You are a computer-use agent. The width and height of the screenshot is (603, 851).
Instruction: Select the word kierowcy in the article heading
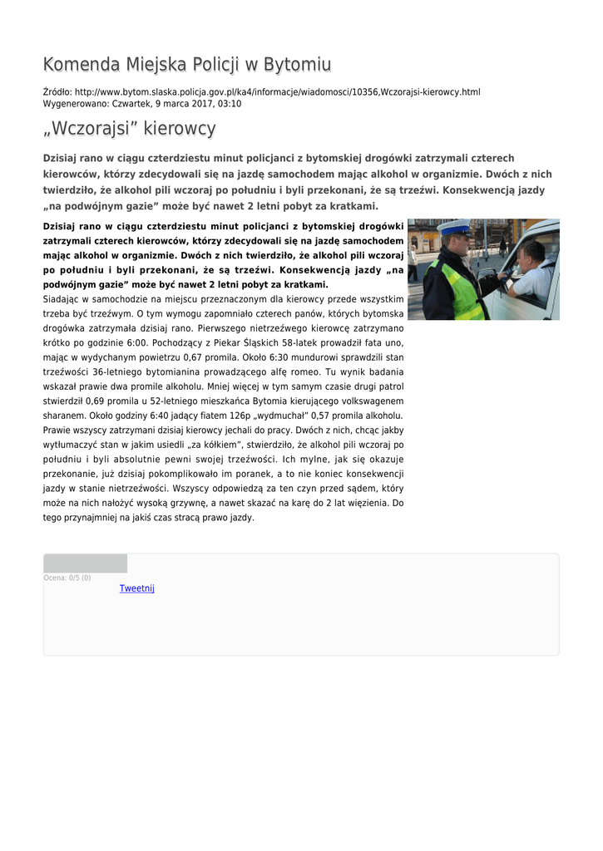tap(179, 129)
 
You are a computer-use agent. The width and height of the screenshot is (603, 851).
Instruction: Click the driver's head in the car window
tap(532, 253)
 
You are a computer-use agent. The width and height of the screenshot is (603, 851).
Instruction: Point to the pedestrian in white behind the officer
tap(502, 246)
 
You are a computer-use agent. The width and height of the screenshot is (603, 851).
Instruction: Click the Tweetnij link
tap(137, 588)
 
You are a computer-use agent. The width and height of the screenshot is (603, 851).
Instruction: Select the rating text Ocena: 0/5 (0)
tap(67, 578)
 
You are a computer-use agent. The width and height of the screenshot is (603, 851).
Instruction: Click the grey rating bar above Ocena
tap(85, 563)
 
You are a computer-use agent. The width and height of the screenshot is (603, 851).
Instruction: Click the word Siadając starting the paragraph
tap(64, 298)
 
